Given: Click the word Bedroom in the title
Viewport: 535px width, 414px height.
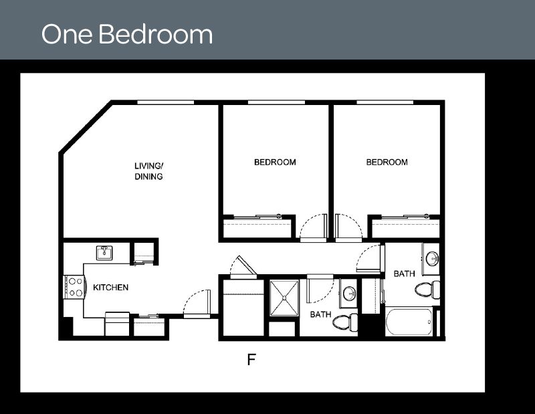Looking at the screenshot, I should point(155,34).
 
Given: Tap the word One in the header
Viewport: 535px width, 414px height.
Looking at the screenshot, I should point(68,34).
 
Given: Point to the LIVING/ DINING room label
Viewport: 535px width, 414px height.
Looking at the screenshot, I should point(148,171).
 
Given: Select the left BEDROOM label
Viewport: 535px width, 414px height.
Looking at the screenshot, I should point(275,163).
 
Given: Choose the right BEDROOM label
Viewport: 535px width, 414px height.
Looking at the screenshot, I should point(387,163).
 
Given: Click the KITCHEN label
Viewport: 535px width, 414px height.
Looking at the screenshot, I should point(110,288).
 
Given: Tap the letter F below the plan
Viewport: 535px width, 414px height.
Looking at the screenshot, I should point(251,360).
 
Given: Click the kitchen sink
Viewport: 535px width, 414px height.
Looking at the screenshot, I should point(104,253).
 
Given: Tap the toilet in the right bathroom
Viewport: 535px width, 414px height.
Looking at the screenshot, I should point(426,289).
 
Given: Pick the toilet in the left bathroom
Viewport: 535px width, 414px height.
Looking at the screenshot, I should point(345,322).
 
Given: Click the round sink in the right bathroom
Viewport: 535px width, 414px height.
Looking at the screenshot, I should point(431,258).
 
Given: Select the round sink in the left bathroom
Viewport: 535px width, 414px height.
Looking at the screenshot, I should point(348,293).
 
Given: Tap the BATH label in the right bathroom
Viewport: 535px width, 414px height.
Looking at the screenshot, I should point(404,274).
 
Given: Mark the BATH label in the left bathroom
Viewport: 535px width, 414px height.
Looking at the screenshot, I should point(320,314).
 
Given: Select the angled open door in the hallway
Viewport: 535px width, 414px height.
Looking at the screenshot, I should point(242,267).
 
